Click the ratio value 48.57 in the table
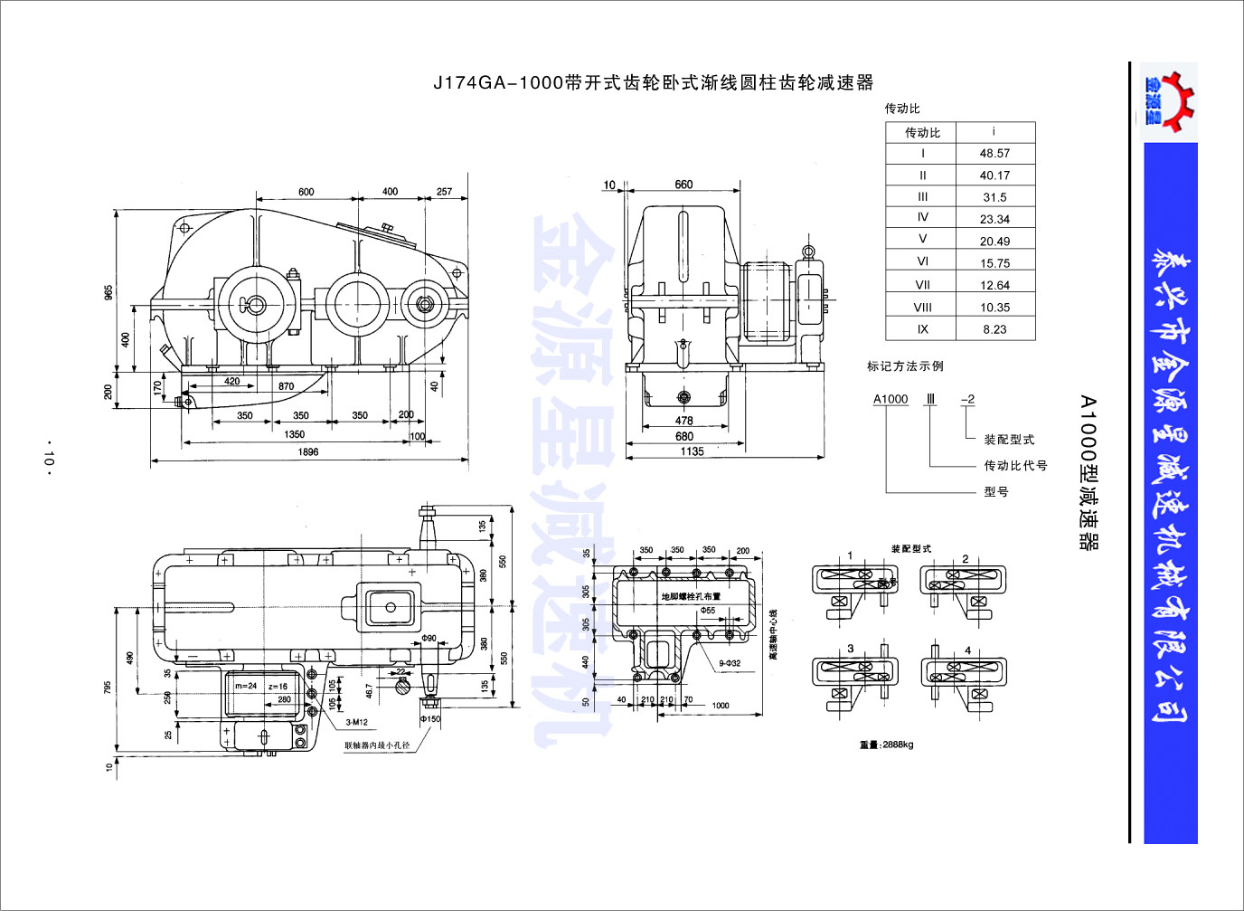(994, 154)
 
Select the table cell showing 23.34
(994, 219)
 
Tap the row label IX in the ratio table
(922, 329)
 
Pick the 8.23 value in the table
(994, 329)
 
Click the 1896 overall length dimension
(308, 451)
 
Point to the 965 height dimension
(108, 293)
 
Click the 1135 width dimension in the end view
(692, 451)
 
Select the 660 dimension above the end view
(683, 185)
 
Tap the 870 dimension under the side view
(286, 386)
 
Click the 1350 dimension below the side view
(295, 434)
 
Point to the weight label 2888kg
(886, 745)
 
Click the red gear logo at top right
(1170, 100)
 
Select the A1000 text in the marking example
(891, 399)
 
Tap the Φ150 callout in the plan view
(430, 719)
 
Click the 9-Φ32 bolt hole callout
(730, 663)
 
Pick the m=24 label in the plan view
(246, 686)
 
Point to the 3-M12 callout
(356, 722)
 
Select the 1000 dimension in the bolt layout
(721, 706)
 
